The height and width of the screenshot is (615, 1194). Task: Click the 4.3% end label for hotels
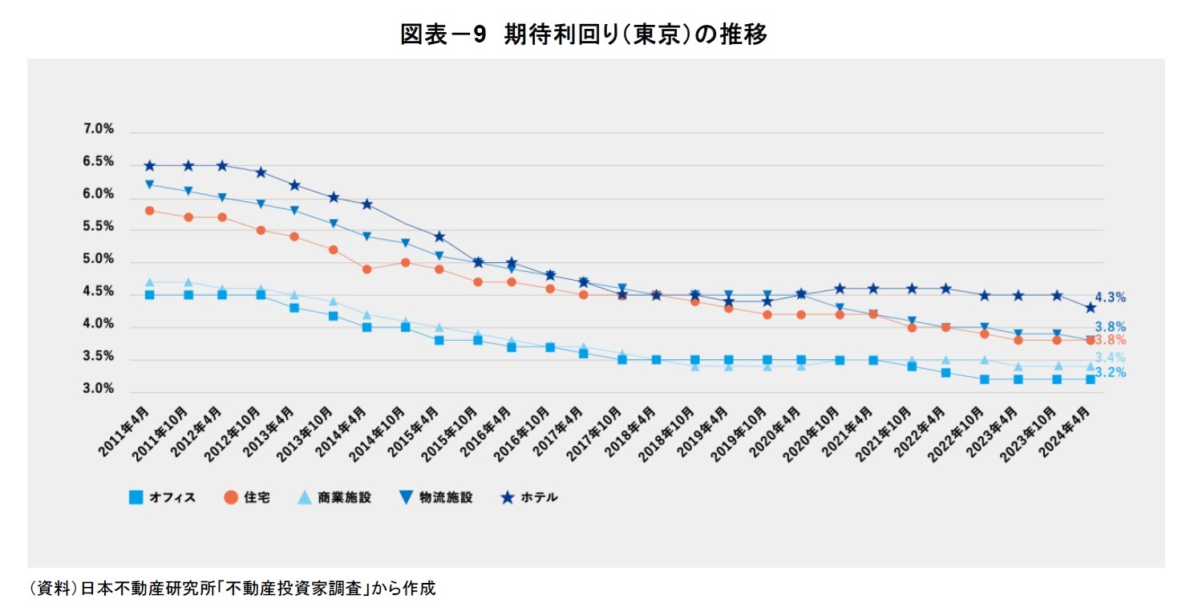point(1111,297)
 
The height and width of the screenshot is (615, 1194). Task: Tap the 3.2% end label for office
point(1111,373)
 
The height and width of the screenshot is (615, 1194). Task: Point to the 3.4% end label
point(1111,358)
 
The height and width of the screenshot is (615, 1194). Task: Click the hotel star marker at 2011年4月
point(149,166)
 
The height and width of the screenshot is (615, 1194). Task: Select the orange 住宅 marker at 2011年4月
point(149,211)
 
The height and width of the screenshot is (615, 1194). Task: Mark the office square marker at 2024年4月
point(1091,379)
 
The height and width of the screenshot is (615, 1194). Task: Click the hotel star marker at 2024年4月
point(1091,308)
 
